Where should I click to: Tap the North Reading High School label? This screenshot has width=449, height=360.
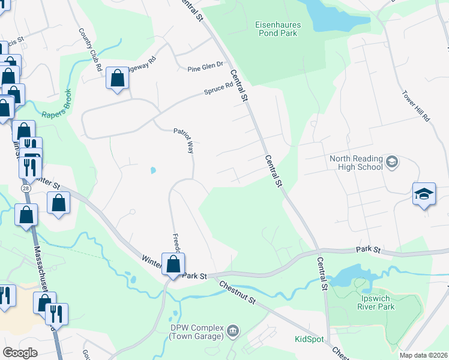click(x=356, y=163)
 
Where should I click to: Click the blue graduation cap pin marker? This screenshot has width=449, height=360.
click(x=424, y=194)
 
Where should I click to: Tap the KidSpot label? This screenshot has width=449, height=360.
click(x=309, y=339)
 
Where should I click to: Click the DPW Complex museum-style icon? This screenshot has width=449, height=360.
click(x=233, y=331)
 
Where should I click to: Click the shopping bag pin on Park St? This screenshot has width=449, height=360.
click(x=173, y=264)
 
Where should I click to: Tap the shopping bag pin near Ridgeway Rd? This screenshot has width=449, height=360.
click(x=117, y=79)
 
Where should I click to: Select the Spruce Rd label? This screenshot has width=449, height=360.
click(x=218, y=89)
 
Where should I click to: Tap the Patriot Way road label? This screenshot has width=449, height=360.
click(x=183, y=140)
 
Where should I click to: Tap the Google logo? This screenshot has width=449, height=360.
click(x=20, y=353)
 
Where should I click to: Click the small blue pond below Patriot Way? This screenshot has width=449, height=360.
click(x=152, y=170)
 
